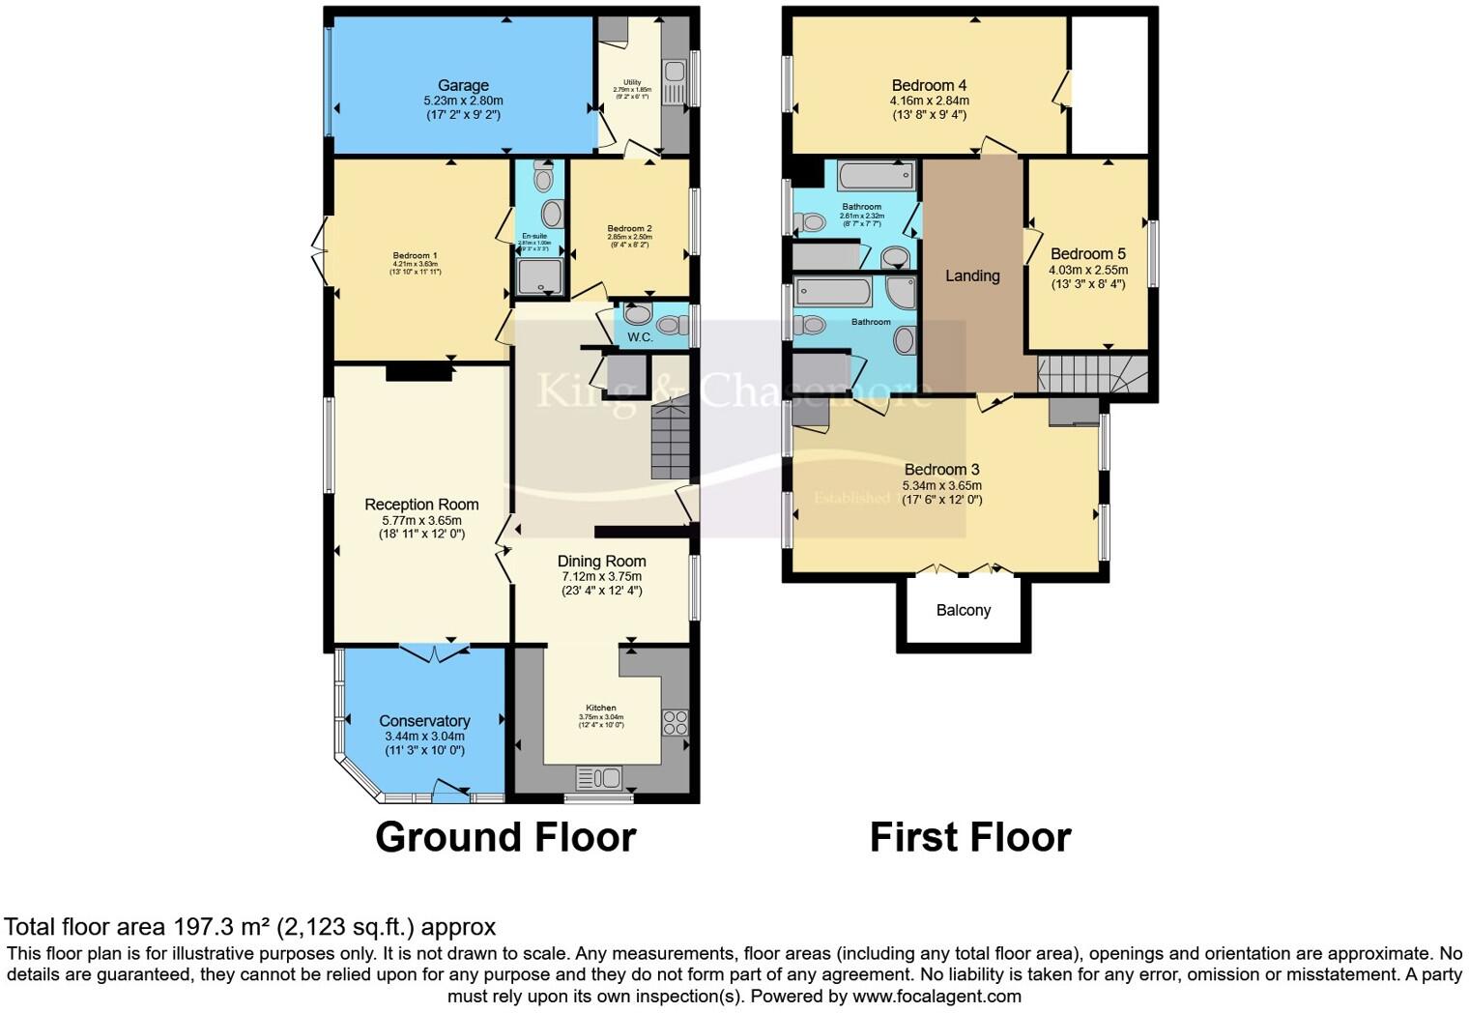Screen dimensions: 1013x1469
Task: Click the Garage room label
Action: (x=463, y=85)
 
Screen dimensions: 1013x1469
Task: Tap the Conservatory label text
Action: (x=424, y=721)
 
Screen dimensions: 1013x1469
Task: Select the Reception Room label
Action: (x=421, y=505)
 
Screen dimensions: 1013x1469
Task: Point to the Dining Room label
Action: (x=601, y=562)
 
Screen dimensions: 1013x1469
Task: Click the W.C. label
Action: (x=640, y=337)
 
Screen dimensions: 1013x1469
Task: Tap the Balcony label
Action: (x=963, y=611)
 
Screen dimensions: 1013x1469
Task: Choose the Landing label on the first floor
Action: (x=972, y=276)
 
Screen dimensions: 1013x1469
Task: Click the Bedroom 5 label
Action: (x=1087, y=254)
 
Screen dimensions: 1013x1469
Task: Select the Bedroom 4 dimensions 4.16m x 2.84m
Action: (x=929, y=101)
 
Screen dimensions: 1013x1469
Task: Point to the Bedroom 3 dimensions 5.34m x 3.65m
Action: (x=941, y=485)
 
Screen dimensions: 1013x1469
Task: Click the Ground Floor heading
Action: (x=505, y=837)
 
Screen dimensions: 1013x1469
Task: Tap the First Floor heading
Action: (x=970, y=837)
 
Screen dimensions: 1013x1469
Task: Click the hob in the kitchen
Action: (x=675, y=723)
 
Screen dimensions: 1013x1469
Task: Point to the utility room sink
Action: (x=674, y=73)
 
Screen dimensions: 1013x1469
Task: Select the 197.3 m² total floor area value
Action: (x=221, y=928)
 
